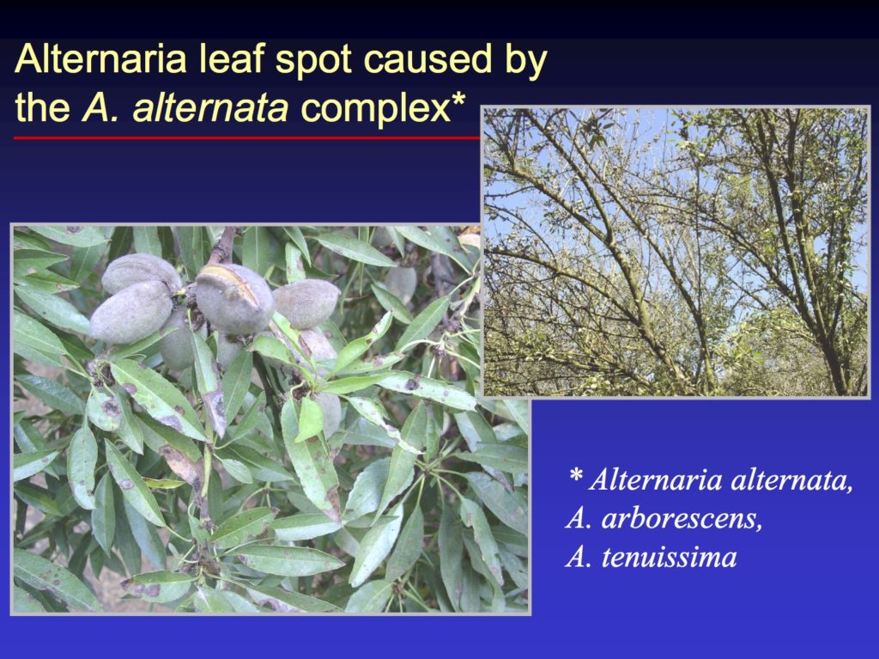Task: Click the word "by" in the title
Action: click(523, 62)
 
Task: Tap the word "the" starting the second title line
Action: click(43, 108)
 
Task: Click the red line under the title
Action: click(240, 137)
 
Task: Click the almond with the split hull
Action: click(233, 297)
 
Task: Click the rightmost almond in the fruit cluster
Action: click(306, 302)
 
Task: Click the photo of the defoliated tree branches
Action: click(676, 252)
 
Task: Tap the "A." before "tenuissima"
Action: click(578, 557)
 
